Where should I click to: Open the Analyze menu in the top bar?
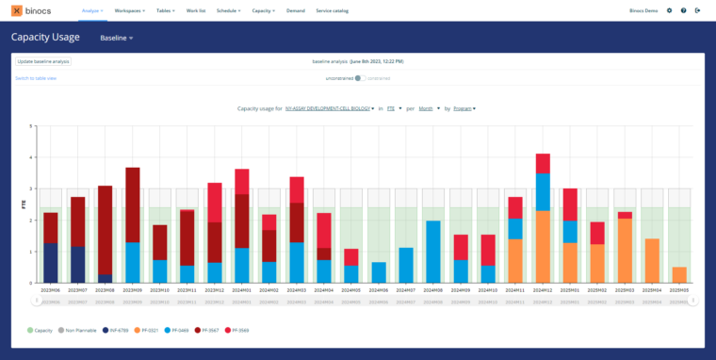91,10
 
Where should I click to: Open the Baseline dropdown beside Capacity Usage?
117,38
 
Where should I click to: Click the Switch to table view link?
36,78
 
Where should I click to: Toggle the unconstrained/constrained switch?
360,78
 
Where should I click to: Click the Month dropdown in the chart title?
430,108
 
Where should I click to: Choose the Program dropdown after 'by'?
464,108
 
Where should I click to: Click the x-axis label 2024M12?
543,290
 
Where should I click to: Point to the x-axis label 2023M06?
50,290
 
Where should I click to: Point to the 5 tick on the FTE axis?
32,125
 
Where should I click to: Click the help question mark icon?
683,10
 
